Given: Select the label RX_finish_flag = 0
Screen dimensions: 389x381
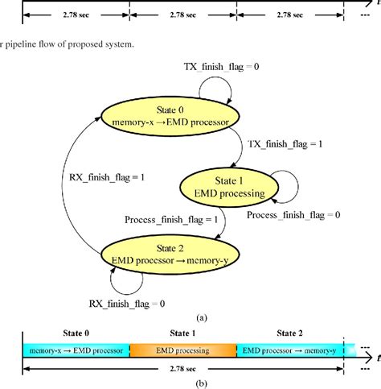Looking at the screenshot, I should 126,304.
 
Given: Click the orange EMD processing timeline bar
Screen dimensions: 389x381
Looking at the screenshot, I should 182,350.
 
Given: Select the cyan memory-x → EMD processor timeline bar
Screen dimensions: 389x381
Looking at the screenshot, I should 76,350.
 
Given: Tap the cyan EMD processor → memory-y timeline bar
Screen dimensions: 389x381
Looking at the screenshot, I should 289,350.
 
